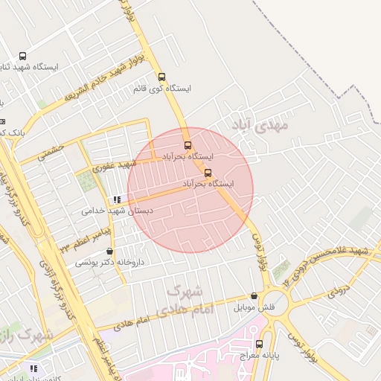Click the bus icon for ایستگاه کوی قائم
161,76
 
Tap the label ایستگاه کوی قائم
161,89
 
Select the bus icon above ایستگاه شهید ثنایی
22,56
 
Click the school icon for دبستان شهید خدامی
116,199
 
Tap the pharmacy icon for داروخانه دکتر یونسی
110,252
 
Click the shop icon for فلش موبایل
254,295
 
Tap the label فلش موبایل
254,307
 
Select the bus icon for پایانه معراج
260,344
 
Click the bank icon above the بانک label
1,121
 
